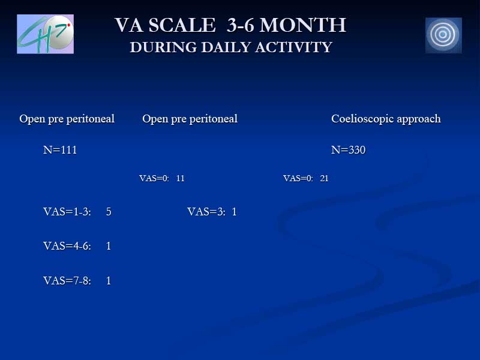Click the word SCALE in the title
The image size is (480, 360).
click(x=182, y=25)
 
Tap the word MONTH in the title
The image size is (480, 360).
click(x=303, y=25)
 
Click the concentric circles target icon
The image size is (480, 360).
click(x=443, y=35)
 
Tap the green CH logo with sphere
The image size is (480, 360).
click(x=46, y=34)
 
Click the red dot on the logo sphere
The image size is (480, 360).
click(x=69, y=25)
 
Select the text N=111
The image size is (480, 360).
click(x=60, y=149)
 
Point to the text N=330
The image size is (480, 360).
click(x=349, y=149)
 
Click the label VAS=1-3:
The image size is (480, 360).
click(x=67, y=212)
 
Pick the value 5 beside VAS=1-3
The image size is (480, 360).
click(x=109, y=212)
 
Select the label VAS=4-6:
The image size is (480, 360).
click(x=67, y=246)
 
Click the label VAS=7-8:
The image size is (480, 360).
click(x=67, y=281)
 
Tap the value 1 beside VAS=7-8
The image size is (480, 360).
click(x=109, y=281)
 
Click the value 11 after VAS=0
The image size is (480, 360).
click(x=181, y=178)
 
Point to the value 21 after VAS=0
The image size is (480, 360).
click(x=324, y=178)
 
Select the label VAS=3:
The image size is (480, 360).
click(x=206, y=212)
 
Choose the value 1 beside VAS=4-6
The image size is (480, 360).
click(x=109, y=246)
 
